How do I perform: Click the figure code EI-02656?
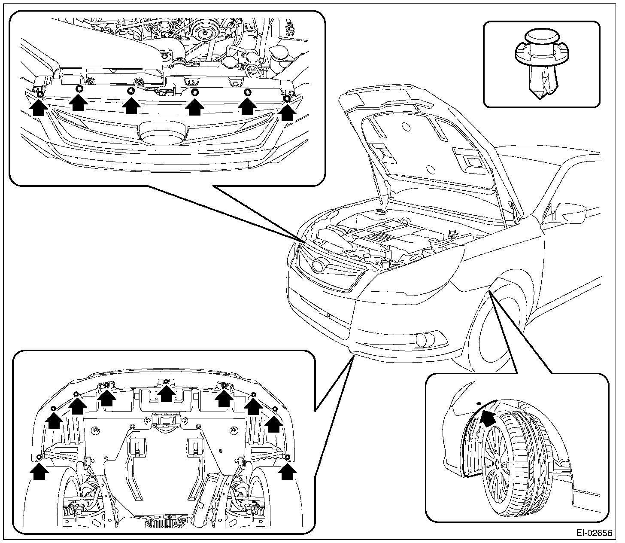[x=595, y=533]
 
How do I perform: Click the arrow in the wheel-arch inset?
[x=487, y=417]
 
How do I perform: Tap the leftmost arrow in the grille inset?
[x=39, y=107]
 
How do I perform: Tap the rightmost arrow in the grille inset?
[x=287, y=112]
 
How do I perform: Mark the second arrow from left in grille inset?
[x=79, y=103]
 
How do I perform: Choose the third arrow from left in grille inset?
[x=131, y=105]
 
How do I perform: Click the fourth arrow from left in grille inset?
[x=195, y=106]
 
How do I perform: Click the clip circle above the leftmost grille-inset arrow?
[x=39, y=94]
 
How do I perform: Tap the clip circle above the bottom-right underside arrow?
[x=288, y=457]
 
